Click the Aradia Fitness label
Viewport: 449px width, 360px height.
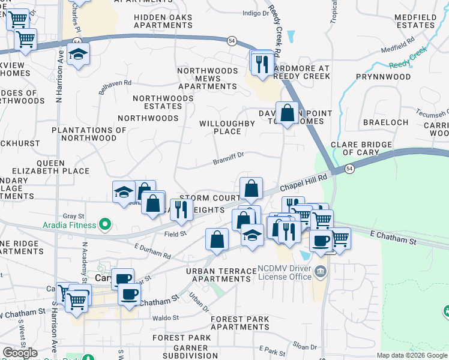click(69, 225)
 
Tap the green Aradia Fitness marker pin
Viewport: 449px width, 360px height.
click(106, 225)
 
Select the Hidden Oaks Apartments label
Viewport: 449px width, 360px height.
click(163, 22)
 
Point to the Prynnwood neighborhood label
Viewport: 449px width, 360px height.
click(383, 77)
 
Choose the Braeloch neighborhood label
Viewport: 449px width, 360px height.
click(385, 122)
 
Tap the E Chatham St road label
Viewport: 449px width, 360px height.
click(393, 237)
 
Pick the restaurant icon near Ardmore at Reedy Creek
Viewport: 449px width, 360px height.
click(262, 64)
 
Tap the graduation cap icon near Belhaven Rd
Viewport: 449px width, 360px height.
click(77, 55)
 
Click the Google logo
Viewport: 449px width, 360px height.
click(20, 353)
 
